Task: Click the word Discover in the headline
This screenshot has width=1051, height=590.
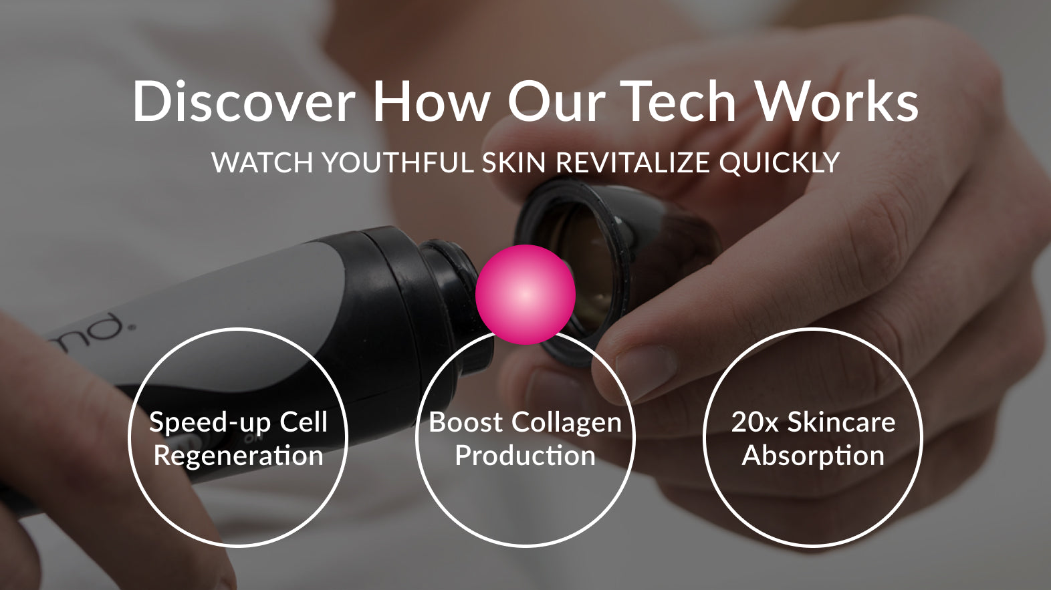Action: (x=243, y=102)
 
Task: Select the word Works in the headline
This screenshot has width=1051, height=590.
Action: (x=838, y=102)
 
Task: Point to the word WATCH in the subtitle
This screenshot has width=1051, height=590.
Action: (x=262, y=163)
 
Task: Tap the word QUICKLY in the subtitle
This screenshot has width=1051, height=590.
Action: (x=780, y=163)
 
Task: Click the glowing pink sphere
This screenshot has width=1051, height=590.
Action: (x=525, y=295)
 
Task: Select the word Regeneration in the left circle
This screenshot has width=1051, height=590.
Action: (x=239, y=456)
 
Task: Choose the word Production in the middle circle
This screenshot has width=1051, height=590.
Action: (x=525, y=456)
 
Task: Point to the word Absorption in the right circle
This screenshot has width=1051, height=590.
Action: (x=813, y=456)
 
